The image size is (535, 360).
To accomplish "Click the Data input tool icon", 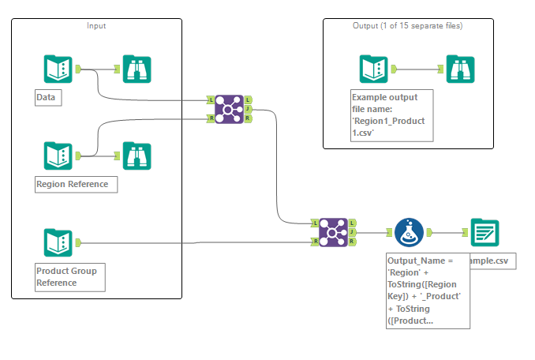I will click(x=58, y=69).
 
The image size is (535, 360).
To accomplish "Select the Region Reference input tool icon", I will click(x=58, y=156).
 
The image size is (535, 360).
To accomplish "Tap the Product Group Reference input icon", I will click(x=58, y=242).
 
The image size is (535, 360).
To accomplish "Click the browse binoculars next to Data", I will click(x=137, y=69).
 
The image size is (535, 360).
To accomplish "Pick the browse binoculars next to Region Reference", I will click(x=137, y=156).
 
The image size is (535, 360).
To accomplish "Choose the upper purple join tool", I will click(x=230, y=109).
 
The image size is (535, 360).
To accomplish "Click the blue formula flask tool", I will click(x=408, y=233).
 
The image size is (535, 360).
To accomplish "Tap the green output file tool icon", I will click(x=484, y=233).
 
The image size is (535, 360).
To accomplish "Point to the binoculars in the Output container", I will click(x=460, y=69).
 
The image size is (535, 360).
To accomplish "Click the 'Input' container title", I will click(x=96, y=26).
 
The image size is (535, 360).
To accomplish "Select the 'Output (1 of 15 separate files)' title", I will click(x=407, y=26).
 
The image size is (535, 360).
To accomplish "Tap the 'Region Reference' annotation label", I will click(x=76, y=185).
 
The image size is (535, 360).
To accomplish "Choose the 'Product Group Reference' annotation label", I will click(x=69, y=276).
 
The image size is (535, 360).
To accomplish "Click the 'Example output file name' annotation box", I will click(x=392, y=115).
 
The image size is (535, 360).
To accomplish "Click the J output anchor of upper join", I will click(x=248, y=109).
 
